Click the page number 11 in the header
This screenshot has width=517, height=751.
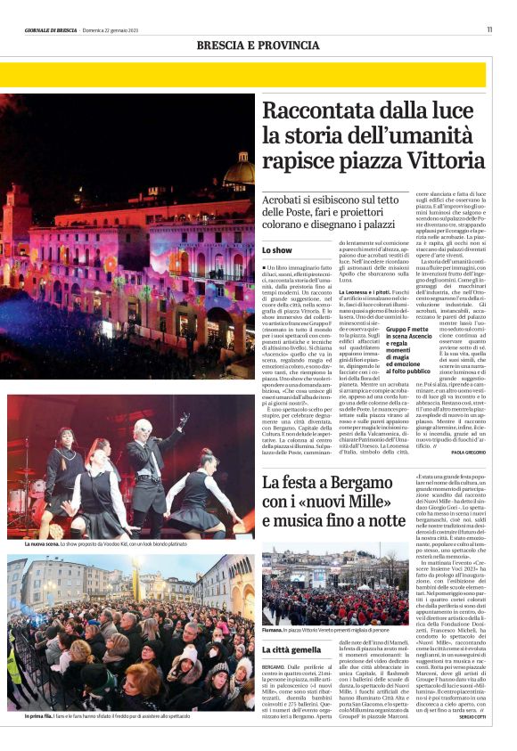[x=489, y=29]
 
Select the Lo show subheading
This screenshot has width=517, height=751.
[x=276, y=252]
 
